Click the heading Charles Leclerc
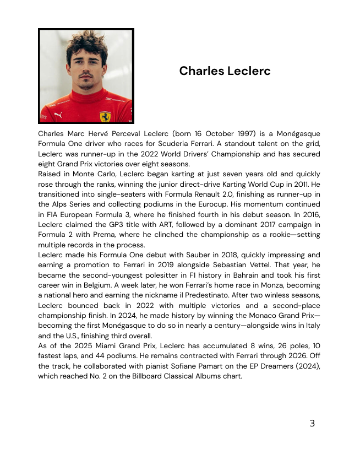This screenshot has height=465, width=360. click(225, 71)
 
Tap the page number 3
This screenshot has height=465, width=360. click(312, 423)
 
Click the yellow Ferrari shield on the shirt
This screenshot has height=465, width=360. click(105, 116)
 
